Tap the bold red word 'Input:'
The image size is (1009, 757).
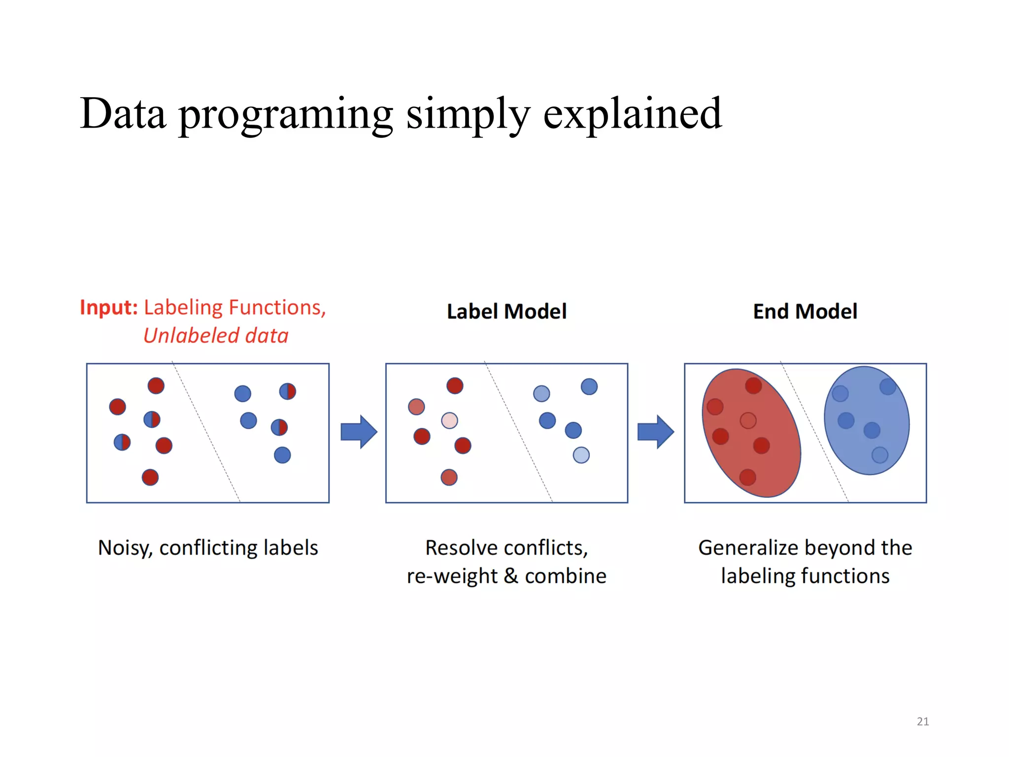coord(108,308)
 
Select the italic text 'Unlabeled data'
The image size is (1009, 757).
coord(216,336)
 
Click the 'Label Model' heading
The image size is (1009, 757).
coord(506,311)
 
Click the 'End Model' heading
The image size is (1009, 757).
coord(805,311)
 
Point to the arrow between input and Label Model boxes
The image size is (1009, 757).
coord(359,432)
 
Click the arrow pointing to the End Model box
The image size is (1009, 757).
coord(655,432)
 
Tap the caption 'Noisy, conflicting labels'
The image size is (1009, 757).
coord(208,548)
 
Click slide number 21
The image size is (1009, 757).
coord(922,722)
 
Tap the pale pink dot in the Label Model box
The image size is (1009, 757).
coord(449,420)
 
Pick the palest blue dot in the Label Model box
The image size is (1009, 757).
coord(581,455)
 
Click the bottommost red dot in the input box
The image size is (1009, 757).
coord(150,477)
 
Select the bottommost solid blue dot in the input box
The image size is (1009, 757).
coord(282,455)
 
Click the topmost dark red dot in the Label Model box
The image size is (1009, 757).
coord(455,385)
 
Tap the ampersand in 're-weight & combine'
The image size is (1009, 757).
coord(511,576)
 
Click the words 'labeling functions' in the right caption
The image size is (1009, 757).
coord(805,576)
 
